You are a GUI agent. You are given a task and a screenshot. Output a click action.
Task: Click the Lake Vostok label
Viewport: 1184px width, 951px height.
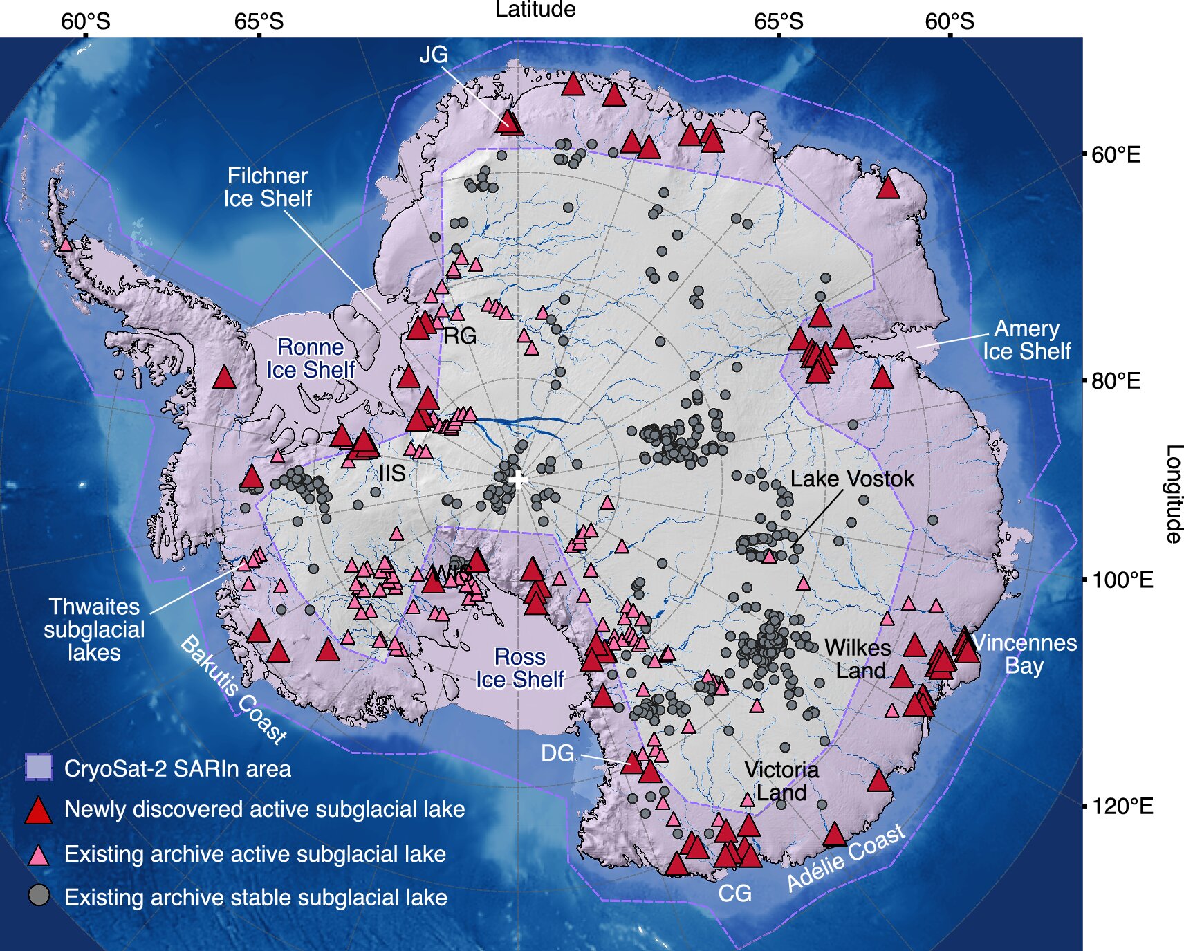point(851,479)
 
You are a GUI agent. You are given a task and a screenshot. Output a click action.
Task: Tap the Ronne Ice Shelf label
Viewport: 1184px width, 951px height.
point(311,358)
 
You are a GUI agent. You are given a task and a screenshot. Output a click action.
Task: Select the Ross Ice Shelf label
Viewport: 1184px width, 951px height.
point(520,668)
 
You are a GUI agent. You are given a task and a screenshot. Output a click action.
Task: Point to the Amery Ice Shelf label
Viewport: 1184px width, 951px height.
point(1026,340)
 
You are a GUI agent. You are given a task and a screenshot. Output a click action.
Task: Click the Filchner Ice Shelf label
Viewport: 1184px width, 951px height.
point(268,187)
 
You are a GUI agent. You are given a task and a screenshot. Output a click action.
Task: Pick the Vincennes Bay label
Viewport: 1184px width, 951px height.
point(1024,654)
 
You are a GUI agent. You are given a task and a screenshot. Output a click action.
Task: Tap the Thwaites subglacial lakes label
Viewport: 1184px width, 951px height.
point(94,629)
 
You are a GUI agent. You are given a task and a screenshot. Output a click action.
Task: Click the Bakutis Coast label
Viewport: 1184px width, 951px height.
point(233,690)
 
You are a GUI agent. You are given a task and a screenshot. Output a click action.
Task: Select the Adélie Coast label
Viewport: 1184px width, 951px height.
point(846,858)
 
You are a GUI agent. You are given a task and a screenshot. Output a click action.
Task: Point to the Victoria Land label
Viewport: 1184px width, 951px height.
point(781,781)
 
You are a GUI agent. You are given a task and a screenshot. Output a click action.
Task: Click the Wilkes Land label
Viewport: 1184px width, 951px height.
point(858,659)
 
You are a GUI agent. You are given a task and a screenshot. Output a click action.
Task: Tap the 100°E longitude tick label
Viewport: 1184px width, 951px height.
point(1122,580)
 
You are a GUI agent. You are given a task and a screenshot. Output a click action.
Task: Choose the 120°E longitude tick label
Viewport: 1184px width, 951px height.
point(1122,806)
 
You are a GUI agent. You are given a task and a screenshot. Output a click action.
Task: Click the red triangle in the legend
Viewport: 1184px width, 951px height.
point(39,811)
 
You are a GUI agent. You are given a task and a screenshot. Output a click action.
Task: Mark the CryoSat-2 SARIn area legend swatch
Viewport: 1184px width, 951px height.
point(39,767)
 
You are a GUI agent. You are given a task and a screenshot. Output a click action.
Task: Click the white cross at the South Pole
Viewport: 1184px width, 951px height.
point(517,479)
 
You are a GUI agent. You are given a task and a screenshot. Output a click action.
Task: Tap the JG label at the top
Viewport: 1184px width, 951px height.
point(434,55)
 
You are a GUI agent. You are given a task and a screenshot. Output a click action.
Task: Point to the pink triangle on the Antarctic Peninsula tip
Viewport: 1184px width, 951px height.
point(66,244)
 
